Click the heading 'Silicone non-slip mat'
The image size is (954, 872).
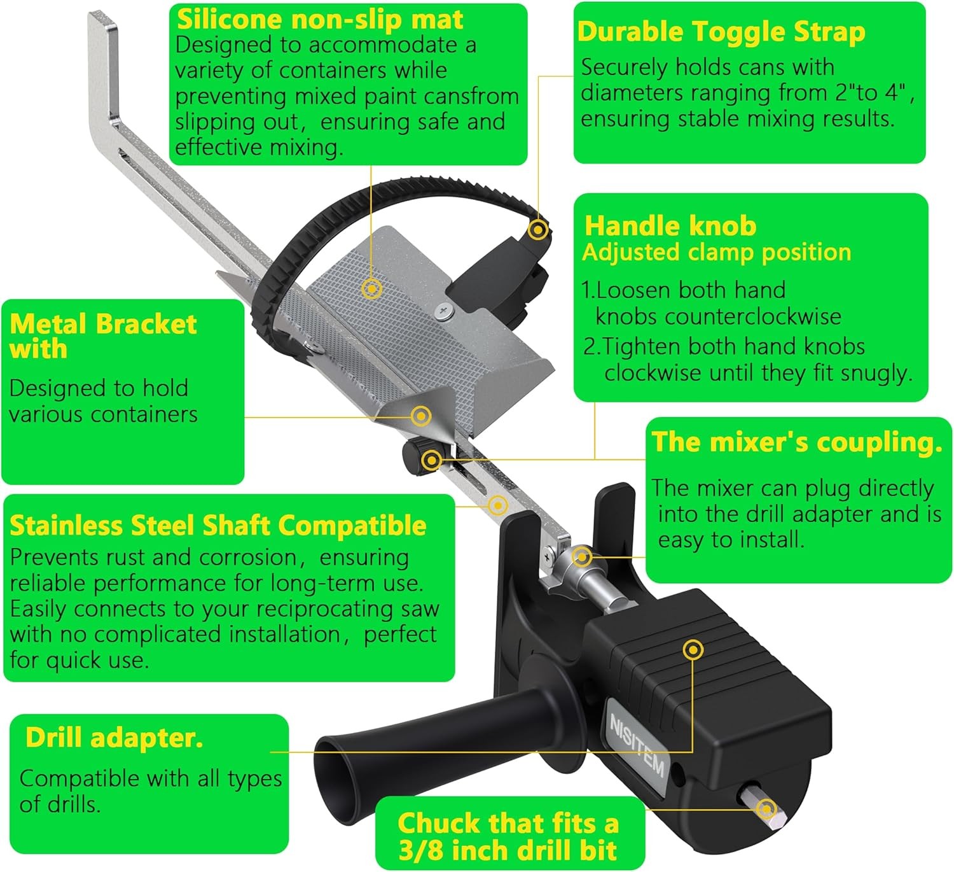(319, 20)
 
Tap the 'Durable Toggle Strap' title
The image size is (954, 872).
(721, 32)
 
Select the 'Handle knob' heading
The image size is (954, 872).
(670, 225)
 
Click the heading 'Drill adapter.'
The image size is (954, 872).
(114, 738)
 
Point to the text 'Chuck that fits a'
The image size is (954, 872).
(508, 823)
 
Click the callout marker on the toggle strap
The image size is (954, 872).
(538, 230)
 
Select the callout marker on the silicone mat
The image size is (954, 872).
(372, 288)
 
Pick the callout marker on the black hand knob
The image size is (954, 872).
(432, 460)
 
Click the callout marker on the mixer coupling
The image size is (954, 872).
(582, 556)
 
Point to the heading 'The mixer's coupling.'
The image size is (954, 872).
(796, 442)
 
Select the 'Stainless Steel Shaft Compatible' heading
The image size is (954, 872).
(218, 526)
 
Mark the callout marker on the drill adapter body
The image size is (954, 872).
(693, 650)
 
